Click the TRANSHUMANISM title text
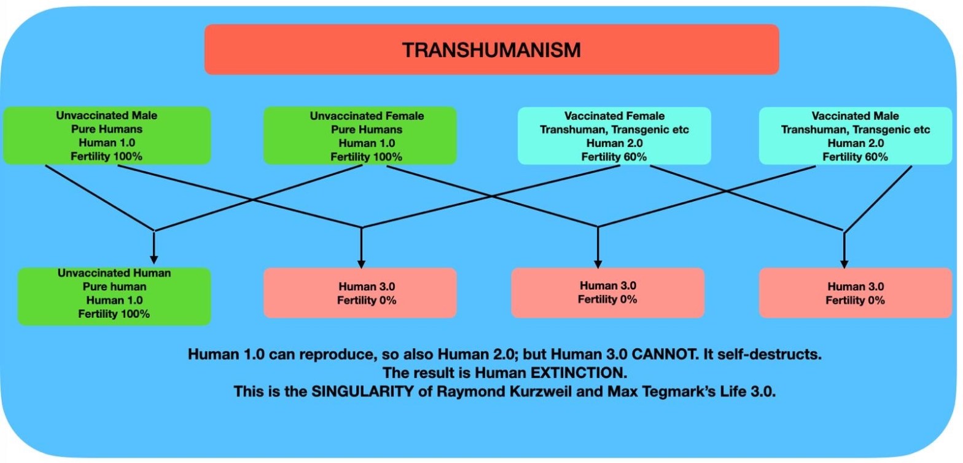pos(491,50)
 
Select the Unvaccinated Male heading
pos(107,116)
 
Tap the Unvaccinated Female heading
pos(367,116)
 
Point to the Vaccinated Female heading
pos(614,116)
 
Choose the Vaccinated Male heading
pos(855,116)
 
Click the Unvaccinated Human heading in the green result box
pos(114,273)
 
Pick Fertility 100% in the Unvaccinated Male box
pos(107,156)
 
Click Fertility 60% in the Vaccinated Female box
pos(614,157)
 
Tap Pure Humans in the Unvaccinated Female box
pos(367,130)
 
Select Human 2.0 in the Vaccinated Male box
pos(856,143)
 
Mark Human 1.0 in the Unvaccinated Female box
pos(367,143)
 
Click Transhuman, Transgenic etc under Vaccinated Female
pos(614,130)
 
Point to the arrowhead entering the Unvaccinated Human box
pos(154,260)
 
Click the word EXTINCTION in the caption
pos(579,373)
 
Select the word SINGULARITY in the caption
pos(362,392)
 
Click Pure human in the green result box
pos(114,287)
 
